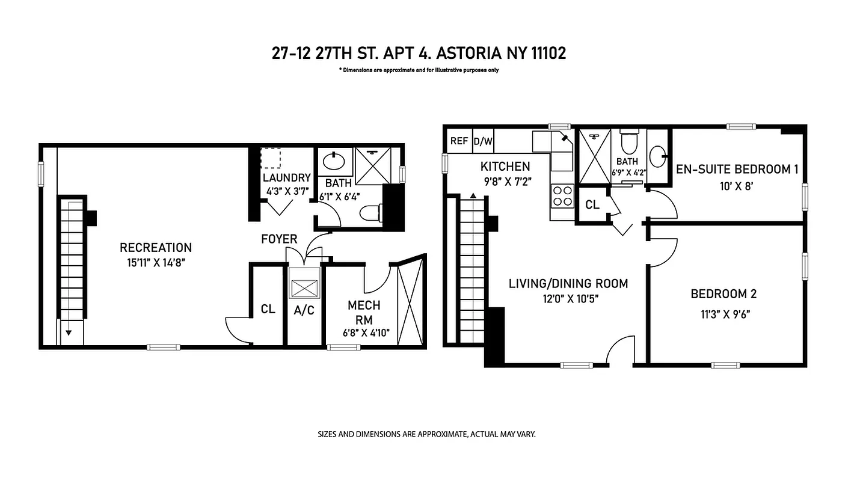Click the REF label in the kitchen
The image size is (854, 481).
tap(459, 141)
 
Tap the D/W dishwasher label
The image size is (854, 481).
tap(483, 141)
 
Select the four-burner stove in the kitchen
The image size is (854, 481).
tap(563, 195)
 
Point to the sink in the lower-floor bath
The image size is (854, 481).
tap(333, 161)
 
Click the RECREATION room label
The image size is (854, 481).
tap(156, 248)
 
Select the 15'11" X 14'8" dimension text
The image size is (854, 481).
tap(156, 262)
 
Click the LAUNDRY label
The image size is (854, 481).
tap(287, 178)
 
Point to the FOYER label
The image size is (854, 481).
tap(279, 239)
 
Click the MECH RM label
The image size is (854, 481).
tap(364, 313)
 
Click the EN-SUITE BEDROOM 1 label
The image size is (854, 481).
tap(737, 170)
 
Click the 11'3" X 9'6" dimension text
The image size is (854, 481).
tap(724, 313)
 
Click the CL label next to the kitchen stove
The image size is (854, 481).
tap(592, 205)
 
